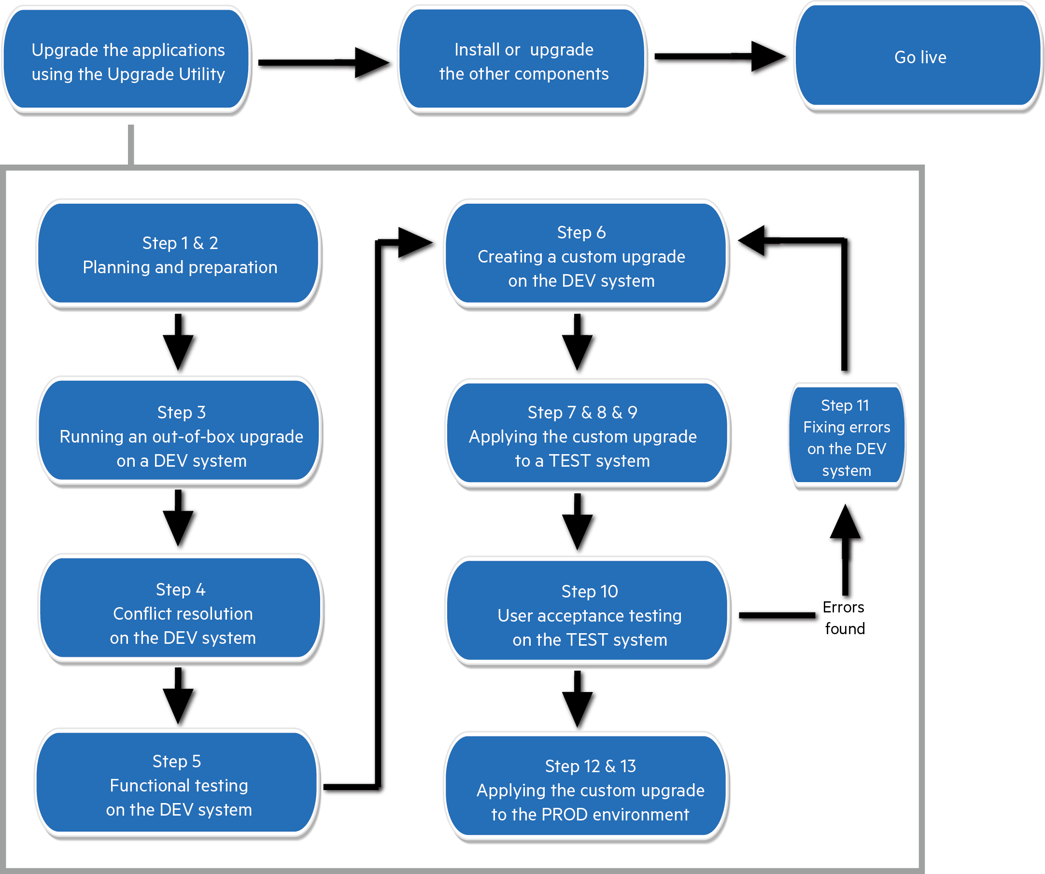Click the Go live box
coord(919,57)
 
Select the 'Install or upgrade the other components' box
coord(523,61)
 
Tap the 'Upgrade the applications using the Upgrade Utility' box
coord(127,61)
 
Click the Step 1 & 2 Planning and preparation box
coord(179,255)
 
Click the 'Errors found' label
coord(844,618)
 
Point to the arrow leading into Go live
coord(721,58)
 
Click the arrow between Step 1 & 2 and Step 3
coord(180,344)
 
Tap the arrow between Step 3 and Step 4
coord(180,521)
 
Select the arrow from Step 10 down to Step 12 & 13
coord(579,700)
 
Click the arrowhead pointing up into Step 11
coord(847,525)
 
